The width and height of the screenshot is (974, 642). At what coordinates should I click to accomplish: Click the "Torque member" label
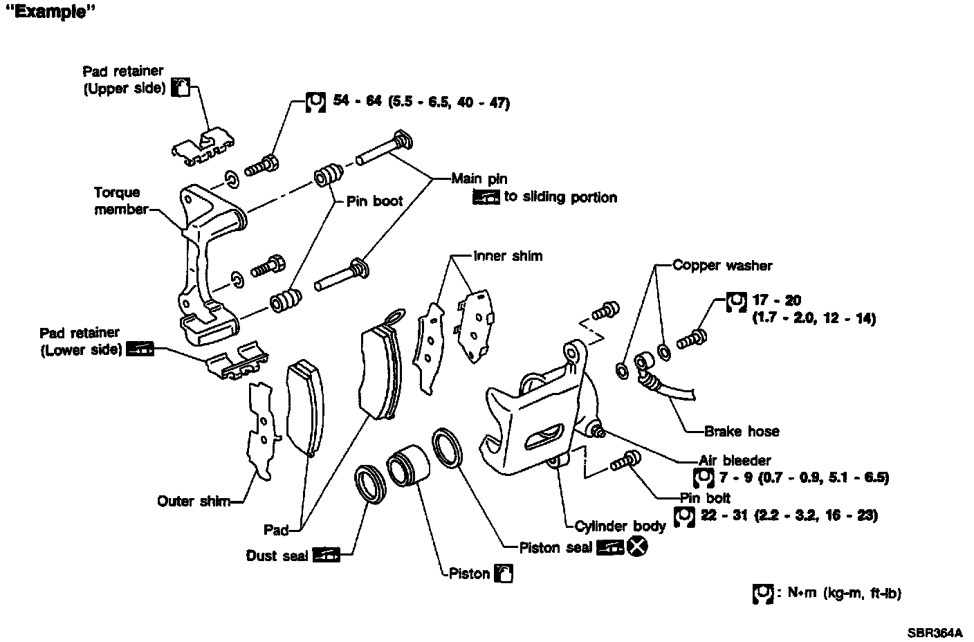pos(120,201)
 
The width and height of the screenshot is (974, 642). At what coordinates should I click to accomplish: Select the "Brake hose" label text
pos(742,432)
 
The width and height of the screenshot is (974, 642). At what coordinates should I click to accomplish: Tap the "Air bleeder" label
pos(735,460)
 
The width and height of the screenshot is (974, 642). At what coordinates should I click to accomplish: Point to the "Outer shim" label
pos(194,502)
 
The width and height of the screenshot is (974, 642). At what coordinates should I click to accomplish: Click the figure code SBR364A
pos(935,632)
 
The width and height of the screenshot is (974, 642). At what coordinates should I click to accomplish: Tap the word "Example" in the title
pos(49,13)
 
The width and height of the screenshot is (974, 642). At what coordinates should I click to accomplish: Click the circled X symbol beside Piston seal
pos(638,547)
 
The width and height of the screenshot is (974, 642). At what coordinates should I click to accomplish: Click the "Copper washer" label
pos(722,266)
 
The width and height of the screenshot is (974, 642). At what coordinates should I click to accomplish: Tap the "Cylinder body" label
pos(619,526)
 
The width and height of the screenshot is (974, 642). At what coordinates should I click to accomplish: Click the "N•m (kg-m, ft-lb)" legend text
pos(844,593)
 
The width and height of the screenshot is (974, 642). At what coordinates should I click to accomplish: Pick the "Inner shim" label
pos(508,256)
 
